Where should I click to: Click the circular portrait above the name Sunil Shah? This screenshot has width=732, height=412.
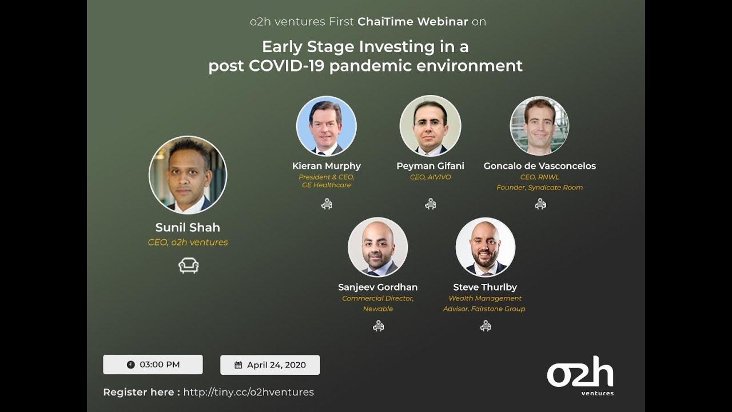(x=188, y=175)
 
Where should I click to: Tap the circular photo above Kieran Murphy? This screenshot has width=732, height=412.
(x=326, y=126)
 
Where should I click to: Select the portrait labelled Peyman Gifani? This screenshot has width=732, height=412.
(x=430, y=126)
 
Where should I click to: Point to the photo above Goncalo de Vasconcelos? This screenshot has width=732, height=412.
(x=539, y=126)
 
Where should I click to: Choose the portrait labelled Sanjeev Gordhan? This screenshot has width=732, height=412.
(x=377, y=247)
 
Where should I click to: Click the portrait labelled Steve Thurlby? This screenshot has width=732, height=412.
(x=485, y=247)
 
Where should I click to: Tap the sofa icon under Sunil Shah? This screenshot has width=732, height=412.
(x=188, y=265)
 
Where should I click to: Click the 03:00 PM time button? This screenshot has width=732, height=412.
(x=153, y=365)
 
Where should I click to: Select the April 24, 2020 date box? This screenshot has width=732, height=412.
(x=270, y=365)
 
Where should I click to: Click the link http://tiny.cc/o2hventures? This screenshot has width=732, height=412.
(x=248, y=392)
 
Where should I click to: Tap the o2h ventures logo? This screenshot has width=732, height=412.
(x=580, y=375)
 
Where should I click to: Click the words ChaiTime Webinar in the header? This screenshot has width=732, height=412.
(x=412, y=22)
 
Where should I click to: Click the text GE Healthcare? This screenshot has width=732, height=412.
(x=326, y=185)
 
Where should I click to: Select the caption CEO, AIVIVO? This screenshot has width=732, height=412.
(x=430, y=177)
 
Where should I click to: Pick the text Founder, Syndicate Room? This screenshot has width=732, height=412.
(x=539, y=188)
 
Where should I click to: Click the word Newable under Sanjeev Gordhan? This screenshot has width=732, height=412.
(x=377, y=309)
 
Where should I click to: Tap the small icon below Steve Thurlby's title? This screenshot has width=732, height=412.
(x=485, y=326)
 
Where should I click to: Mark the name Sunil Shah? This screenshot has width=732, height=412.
(x=188, y=227)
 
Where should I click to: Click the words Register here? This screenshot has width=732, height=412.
(x=141, y=392)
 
